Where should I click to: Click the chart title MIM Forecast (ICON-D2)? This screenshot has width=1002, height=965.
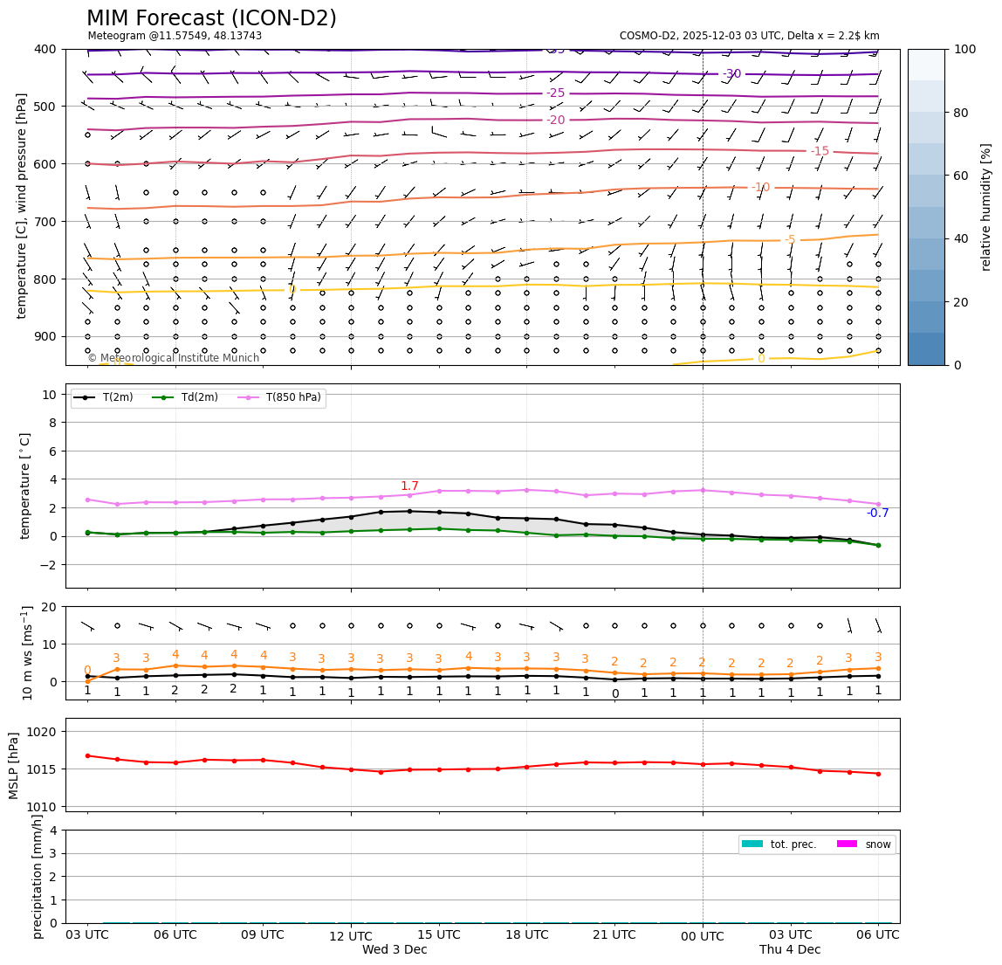(x=211, y=18)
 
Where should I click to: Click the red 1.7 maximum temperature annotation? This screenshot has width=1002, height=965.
(x=409, y=486)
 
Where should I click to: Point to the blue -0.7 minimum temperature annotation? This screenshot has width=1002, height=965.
(x=877, y=514)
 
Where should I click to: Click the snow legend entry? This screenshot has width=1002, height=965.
(x=877, y=844)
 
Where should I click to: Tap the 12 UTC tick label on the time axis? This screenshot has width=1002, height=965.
(x=351, y=936)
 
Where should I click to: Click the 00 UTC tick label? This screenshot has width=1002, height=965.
(x=703, y=936)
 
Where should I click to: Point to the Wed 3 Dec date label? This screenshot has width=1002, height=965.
(x=395, y=950)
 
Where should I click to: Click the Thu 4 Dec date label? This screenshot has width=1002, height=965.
(x=790, y=950)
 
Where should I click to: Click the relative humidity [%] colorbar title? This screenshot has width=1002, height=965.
(x=986, y=207)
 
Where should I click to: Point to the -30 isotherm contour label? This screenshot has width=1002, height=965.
(x=731, y=74)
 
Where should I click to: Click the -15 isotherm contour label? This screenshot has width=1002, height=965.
(x=820, y=151)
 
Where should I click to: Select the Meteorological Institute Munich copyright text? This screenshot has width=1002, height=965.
(x=173, y=358)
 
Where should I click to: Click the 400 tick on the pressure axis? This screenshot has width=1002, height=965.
(x=45, y=49)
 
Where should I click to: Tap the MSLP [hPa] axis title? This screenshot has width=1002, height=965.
(x=14, y=766)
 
